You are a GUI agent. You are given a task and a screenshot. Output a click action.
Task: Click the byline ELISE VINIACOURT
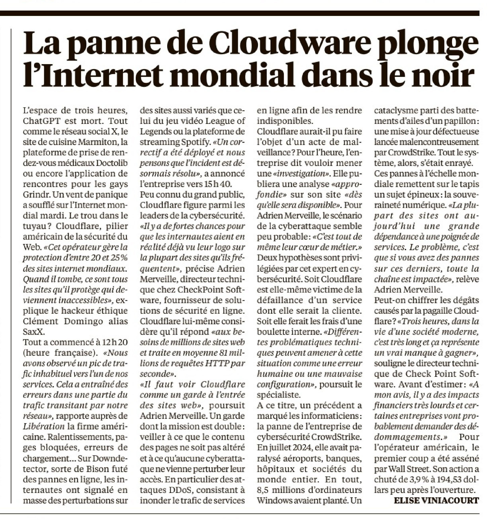[436, 500]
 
